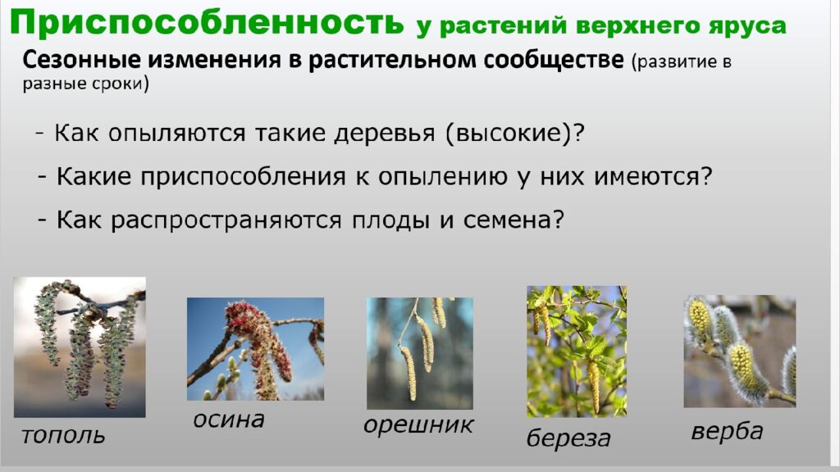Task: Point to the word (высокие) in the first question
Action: (514, 133)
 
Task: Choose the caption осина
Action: (229, 420)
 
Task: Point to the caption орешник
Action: (418, 425)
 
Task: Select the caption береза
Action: (568, 438)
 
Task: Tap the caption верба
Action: (727, 431)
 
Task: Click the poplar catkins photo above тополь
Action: (80, 347)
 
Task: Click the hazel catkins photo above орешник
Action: (419, 352)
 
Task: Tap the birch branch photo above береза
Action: (576, 351)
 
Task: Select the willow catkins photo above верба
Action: (739, 351)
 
